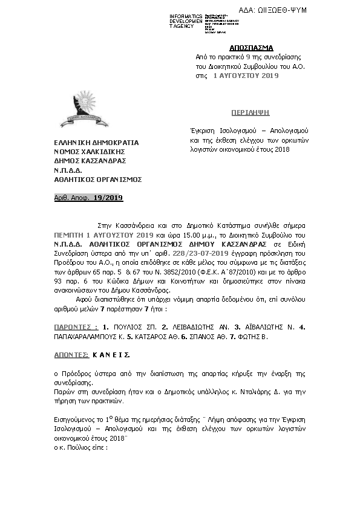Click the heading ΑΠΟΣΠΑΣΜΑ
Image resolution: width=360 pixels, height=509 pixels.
tap(251, 47)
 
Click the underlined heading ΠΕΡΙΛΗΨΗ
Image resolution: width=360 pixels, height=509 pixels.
tap(251, 113)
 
